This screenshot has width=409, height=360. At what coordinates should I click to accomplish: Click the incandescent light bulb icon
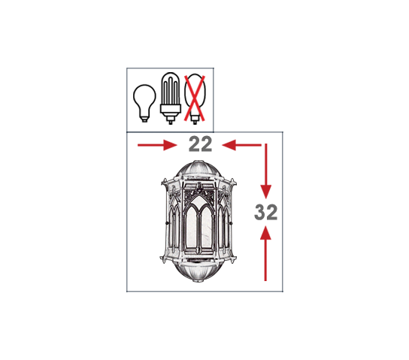pyautogui.click(x=144, y=103)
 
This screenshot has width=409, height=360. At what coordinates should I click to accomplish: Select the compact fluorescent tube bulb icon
pyautogui.click(x=171, y=98)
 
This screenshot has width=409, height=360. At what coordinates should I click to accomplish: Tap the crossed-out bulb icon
pyautogui.click(x=195, y=98)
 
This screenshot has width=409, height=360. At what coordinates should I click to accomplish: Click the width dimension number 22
pyautogui.click(x=200, y=144)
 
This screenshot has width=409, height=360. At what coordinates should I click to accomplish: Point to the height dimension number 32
pyautogui.click(x=266, y=212)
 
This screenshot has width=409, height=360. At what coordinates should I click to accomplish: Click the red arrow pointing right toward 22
pyautogui.click(x=157, y=145)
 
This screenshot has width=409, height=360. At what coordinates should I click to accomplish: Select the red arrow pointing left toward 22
pyautogui.click(x=241, y=145)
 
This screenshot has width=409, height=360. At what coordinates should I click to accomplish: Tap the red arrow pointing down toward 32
pyautogui.click(x=266, y=171)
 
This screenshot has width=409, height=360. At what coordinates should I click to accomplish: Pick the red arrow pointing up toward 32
pyautogui.click(x=265, y=253)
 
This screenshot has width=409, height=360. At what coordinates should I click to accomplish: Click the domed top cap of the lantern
pyautogui.click(x=198, y=169)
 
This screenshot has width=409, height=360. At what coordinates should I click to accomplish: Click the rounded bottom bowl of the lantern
pyautogui.click(x=199, y=272)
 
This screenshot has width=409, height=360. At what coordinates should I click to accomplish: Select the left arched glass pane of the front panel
pyautogui.click(x=191, y=226)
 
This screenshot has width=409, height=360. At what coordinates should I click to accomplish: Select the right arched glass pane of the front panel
pyautogui.click(x=207, y=226)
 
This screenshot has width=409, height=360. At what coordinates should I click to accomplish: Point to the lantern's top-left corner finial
pyautogui.click(x=165, y=182)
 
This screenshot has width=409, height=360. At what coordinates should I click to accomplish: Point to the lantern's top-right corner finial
pyautogui.click(x=232, y=182)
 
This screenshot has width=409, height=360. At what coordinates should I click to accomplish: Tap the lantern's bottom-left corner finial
pyautogui.click(x=163, y=259)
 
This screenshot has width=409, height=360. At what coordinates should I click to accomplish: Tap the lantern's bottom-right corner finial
pyautogui.click(x=234, y=259)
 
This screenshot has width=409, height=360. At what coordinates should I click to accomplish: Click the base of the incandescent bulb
pyautogui.click(x=144, y=119)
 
